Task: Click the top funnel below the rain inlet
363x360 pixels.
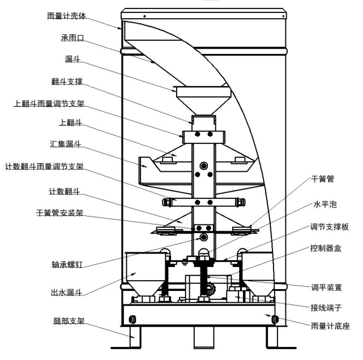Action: tap(203, 99)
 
